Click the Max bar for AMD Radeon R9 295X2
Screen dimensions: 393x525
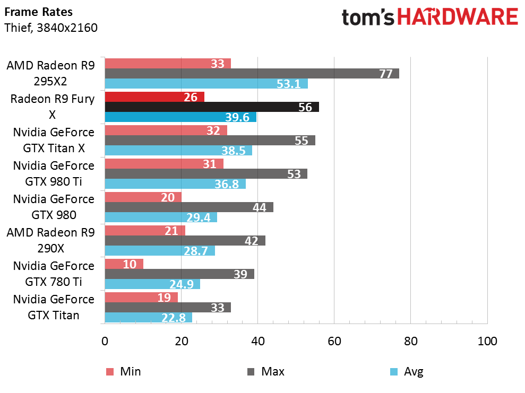252,74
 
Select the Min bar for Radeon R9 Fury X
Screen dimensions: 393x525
154,97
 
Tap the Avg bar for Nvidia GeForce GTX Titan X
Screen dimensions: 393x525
178,150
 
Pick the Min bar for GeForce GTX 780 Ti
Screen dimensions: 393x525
124,264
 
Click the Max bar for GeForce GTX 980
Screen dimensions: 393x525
189,207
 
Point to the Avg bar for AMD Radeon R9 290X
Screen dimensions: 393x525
160,250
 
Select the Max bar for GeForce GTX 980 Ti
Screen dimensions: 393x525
206,174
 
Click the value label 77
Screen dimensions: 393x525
385,74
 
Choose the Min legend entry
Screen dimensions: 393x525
124,371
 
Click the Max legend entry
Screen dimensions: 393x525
266,371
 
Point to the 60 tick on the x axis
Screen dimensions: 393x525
334,341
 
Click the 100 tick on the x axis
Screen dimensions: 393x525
487,341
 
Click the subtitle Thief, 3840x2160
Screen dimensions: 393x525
51,28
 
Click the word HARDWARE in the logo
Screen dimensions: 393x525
458,18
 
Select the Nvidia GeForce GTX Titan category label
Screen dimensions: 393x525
53,307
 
